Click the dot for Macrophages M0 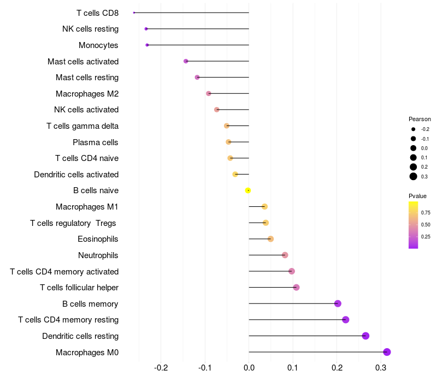387,352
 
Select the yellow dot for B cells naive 248,190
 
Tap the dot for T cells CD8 134,13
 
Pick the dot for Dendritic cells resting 365,336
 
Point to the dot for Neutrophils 285,255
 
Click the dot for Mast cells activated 186,61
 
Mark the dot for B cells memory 338,303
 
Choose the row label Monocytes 98,45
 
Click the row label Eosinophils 98,239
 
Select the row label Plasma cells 96,142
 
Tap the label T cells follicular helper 79,288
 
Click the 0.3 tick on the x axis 381,368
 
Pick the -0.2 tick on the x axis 161,368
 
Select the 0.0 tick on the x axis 249,368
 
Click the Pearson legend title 420,119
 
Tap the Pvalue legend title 417,196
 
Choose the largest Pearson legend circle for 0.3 414,176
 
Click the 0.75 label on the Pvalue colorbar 426,212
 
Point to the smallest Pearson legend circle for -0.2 414,129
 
